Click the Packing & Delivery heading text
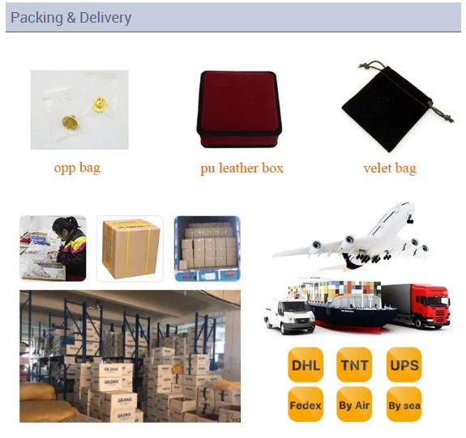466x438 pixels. tap(71, 18)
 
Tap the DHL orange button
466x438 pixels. tap(306, 364)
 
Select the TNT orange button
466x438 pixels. tap(354, 364)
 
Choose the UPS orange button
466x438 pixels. tap(404, 364)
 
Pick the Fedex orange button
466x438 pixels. tap(306, 404)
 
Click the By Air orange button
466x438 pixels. tap(354, 404)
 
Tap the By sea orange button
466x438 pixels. tap(404, 404)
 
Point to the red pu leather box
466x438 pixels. tap(239, 109)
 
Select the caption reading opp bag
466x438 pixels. tap(77, 168)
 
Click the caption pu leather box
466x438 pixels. tap(242, 168)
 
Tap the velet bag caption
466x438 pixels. tap(390, 168)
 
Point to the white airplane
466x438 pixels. tap(351, 237)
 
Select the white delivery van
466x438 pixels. tap(289, 317)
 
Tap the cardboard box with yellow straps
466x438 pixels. tap(130, 249)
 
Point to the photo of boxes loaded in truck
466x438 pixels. tap(207, 249)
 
